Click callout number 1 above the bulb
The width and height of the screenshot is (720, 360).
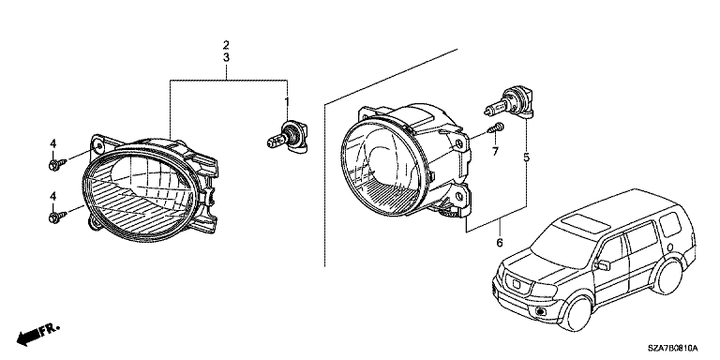[x=287, y=101]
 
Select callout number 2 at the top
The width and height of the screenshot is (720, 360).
[x=226, y=45]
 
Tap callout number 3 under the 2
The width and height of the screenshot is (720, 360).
[x=226, y=58]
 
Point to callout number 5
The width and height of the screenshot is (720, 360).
[x=526, y=157]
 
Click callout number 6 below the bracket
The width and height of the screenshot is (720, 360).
[x=500, y=242]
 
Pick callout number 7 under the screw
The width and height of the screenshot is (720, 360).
[x=495, y=152]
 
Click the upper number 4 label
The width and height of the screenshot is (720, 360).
[x=53, y=143]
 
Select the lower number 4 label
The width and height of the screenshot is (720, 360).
[x=53, y=196]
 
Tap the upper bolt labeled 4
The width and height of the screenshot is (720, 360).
[x=57, y=164]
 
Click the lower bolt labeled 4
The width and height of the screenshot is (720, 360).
[x=57, y=217]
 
